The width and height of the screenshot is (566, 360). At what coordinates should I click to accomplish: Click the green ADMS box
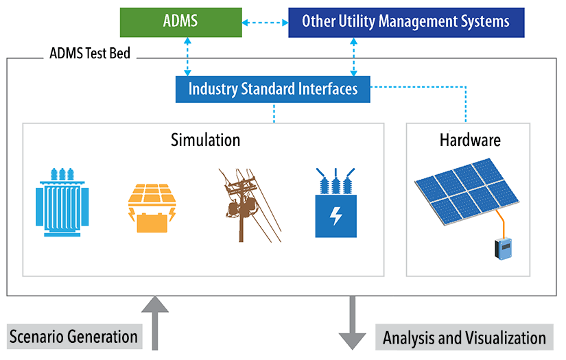180,21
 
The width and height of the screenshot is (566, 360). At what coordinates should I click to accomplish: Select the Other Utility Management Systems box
405,21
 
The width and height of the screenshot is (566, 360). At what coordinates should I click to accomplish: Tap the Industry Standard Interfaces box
272,88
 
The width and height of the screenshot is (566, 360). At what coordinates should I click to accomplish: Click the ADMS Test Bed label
90,53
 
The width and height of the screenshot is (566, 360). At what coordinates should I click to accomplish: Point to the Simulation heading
205,140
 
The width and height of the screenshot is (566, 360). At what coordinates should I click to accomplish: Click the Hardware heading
470,140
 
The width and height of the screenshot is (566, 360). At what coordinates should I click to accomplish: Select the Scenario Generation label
73,337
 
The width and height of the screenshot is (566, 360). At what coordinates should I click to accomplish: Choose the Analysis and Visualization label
464,337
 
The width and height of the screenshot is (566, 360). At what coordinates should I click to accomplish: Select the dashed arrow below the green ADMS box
187,56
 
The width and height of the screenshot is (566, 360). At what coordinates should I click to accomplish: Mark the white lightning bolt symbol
335,216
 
